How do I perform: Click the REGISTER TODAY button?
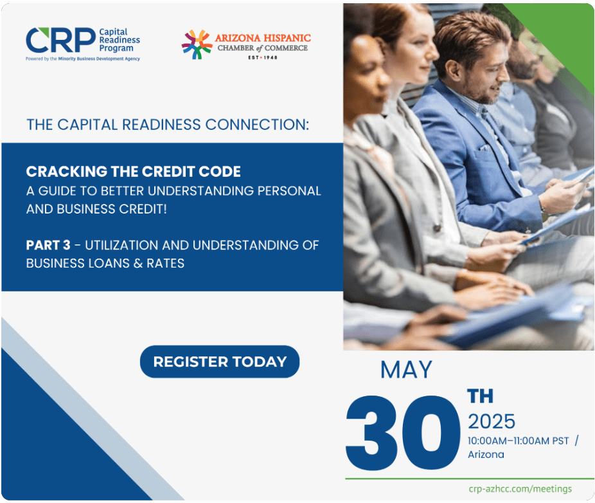[x=220, y=361]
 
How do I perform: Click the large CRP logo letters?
[x=60, y=41]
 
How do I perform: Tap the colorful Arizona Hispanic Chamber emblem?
[x=197, y=44]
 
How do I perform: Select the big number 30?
[x=403, y=432]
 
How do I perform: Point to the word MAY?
[x=406, y=370]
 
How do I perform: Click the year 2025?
[x=492, y=421]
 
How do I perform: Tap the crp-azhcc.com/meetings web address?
[x=520, y=489]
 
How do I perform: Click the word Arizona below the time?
[x=486, y=454]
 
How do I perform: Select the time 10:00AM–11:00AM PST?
[x=519, y=441]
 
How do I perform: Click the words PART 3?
[x=48, y=245]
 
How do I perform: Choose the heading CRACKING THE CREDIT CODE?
[x=133, y=171]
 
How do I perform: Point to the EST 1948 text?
[x=263, y=57]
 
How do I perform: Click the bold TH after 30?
[x=480, y=396]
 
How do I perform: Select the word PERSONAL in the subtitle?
[x=289, y=190]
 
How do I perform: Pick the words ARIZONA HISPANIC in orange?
[x=263, y=38]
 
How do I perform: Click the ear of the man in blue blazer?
[x=452, y=69]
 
